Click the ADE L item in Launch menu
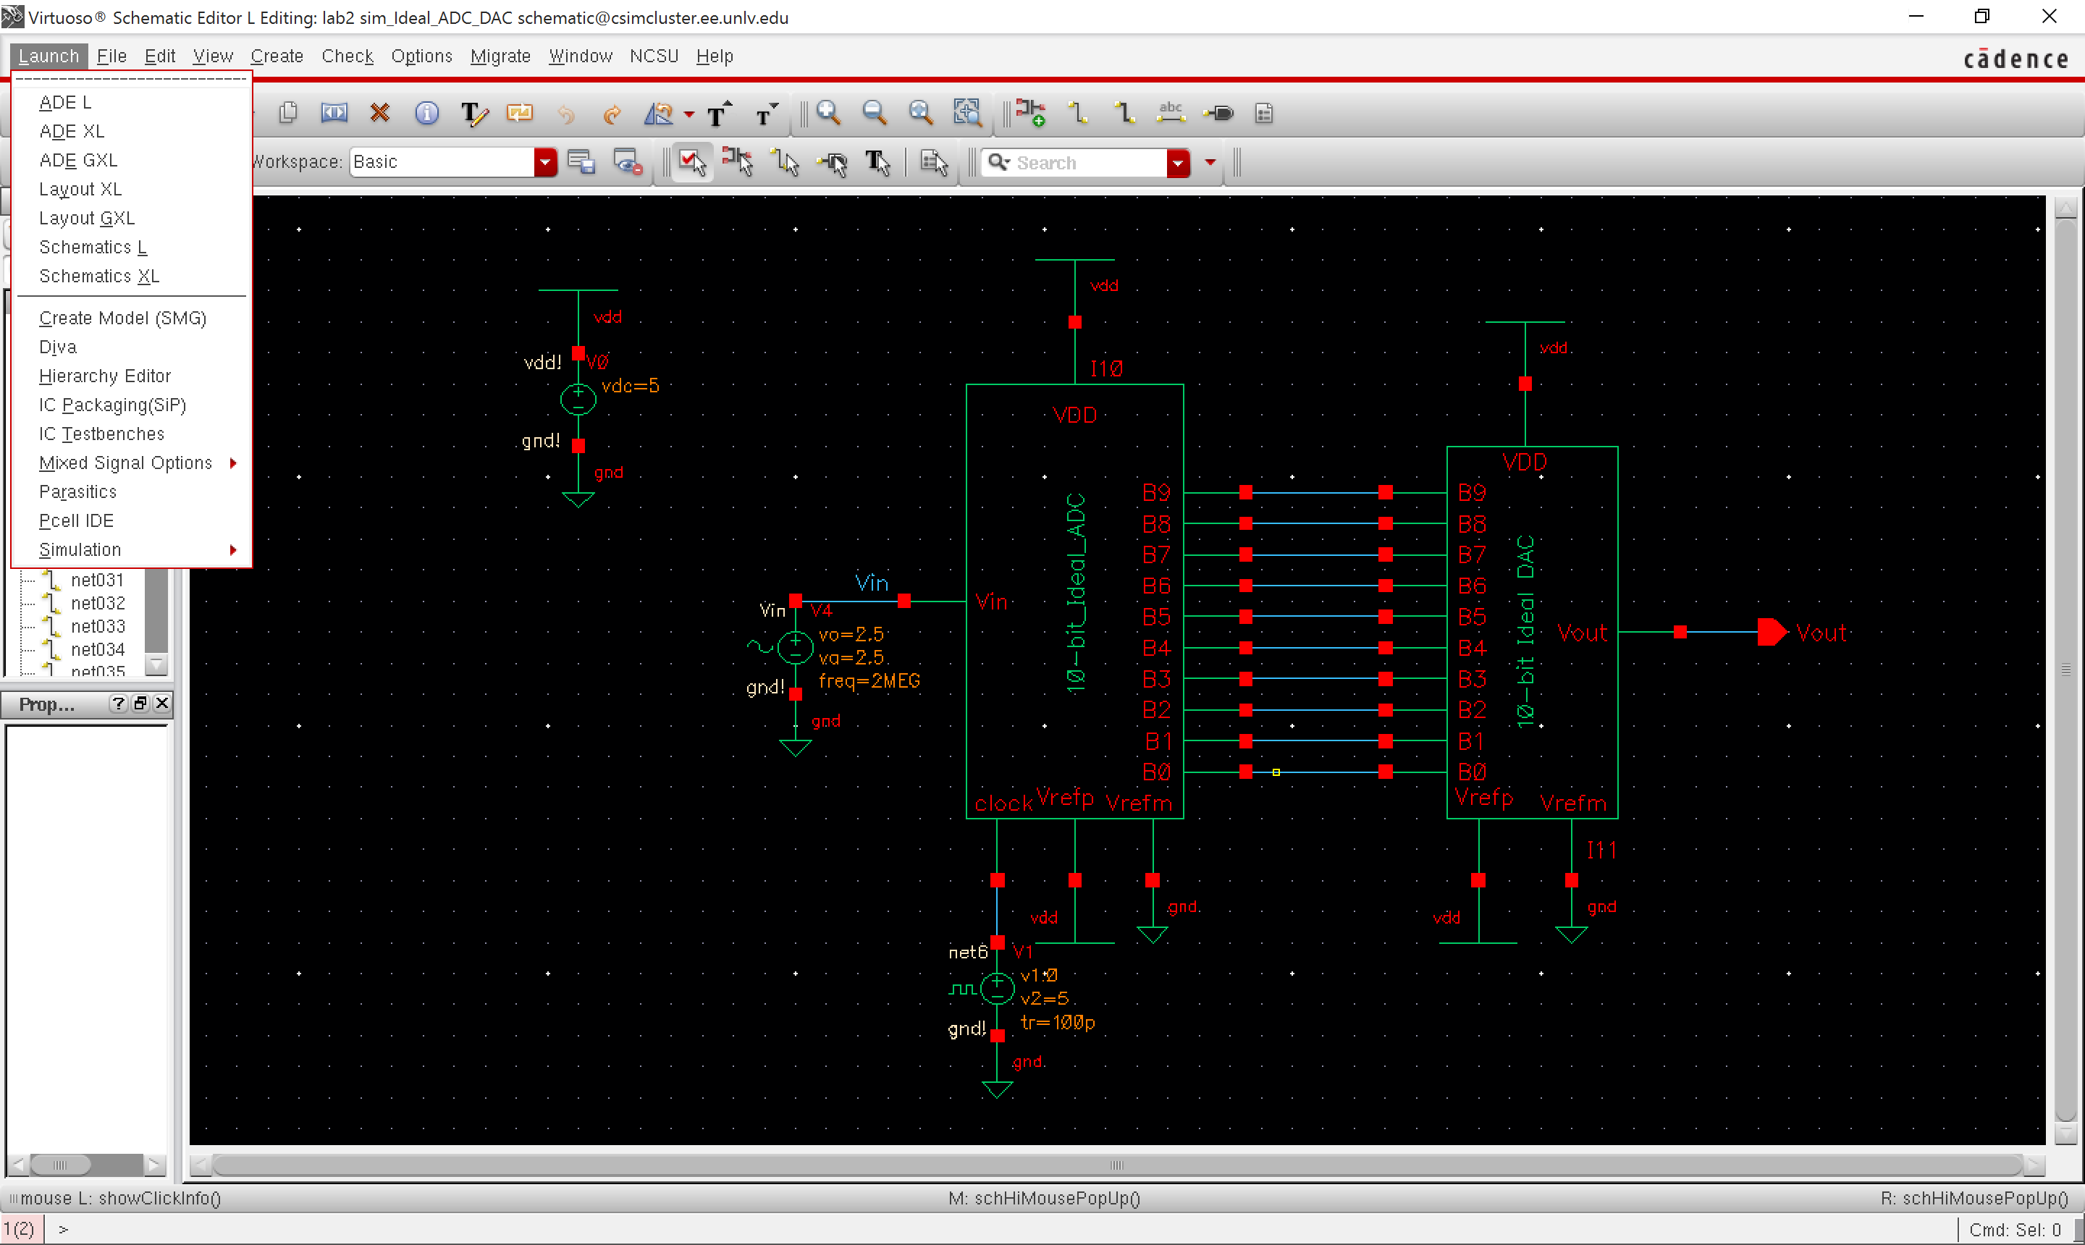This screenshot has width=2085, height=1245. [x=65, y=102]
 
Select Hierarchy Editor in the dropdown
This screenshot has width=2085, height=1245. [x=105, y=376]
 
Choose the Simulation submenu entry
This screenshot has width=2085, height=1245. [x=80, y=549]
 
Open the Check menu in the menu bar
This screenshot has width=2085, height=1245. [x=347, y=56]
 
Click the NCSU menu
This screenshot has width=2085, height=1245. [x=654, y=56]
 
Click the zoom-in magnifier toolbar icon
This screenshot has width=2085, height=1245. [x=828, y=112]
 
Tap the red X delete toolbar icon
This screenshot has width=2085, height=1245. [x=380, y=112]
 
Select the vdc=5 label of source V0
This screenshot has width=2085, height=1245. [x=630, y=386]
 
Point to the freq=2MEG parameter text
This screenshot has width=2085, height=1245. [x=869, y=680]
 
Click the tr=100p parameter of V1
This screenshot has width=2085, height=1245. [x=1057, y=1022]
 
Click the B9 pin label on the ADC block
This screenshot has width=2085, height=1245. [x=1155, y=492]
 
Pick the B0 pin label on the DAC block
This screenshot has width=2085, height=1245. [x=1472, y=771]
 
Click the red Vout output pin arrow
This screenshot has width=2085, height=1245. [x=1772, y=632]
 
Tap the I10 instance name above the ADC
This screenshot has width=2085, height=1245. [x=1106, y=368]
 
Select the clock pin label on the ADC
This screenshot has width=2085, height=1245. [x=1003, y=803]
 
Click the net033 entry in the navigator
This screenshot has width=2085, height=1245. [x=97, y=626]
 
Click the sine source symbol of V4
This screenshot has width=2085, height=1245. [x=795, y=647]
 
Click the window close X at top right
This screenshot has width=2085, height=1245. [x=2049, y=16]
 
